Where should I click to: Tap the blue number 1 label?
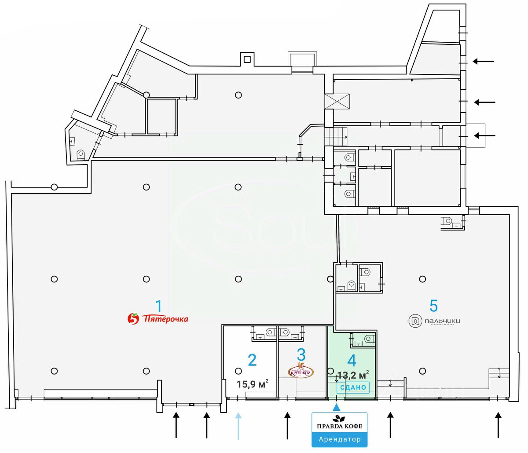(x=159, y=306)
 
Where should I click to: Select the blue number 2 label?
(x=252, y=360)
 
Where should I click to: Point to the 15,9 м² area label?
(x=252, y=384)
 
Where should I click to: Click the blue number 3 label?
(x=301, y=354)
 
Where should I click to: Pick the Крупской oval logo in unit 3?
(x=301, y=371)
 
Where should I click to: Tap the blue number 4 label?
(x=352, y=361)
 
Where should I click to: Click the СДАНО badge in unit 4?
(x=353, y=387)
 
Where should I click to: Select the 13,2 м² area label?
(x=353, y=375)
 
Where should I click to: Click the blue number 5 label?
(x=434, y=305)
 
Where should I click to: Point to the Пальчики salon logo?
(x=434, y=321)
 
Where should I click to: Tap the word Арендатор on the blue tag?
(x=339, y=439)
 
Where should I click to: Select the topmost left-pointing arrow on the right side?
(x=483, y=62)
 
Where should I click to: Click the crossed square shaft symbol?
(x=337, y=101)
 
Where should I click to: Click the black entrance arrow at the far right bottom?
(x=498, y=425)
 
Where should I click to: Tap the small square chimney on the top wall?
(x=247, y=59)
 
